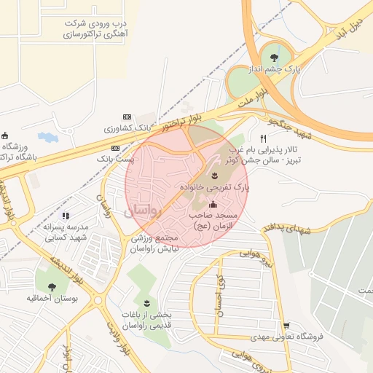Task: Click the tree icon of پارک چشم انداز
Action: tap(275, 56)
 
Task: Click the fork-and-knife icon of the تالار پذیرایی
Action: tap(264, 138)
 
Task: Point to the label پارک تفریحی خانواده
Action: tap(215, 187)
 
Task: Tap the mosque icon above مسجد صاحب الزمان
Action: tap(213, 205)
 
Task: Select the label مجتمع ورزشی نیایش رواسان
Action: tap(154, 243)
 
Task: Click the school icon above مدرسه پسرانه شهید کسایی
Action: tap(66, 216)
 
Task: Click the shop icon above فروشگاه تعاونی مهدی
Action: tap(287, 326)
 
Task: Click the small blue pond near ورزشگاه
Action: tap(47, 137)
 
